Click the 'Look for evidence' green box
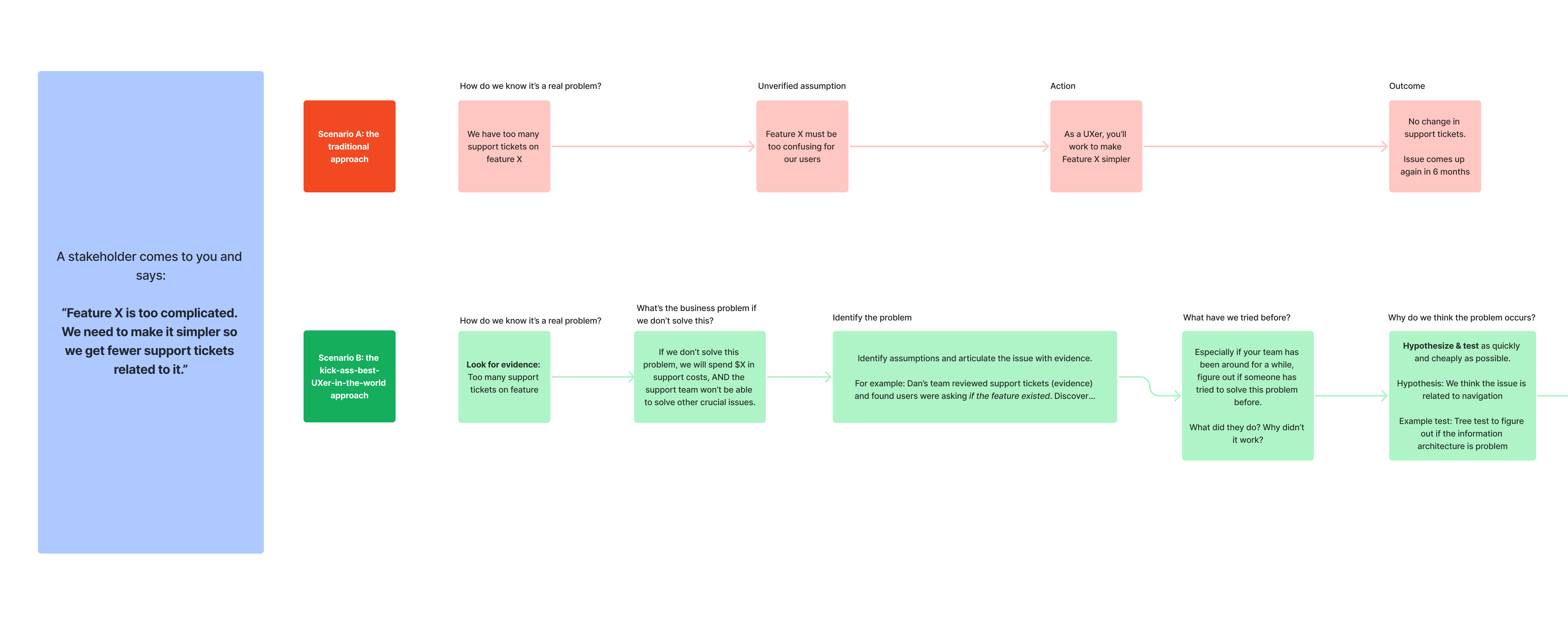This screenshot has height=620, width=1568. coord(504,377)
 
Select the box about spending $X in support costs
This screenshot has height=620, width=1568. coord(699,377)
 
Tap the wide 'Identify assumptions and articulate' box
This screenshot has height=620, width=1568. coord(974,377)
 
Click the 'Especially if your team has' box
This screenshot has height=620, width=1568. coord(1247,395)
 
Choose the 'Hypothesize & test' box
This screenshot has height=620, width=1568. coord(1462,395)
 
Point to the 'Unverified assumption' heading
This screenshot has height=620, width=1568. coord(802,86)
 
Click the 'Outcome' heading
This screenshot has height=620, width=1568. coord(1407,86)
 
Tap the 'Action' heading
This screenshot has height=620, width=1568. coord(1063,86)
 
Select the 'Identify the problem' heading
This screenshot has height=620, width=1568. coord(872,318)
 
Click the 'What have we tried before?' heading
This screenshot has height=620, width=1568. coord(1236,318)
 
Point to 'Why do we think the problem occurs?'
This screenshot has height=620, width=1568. coord(1462,318)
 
